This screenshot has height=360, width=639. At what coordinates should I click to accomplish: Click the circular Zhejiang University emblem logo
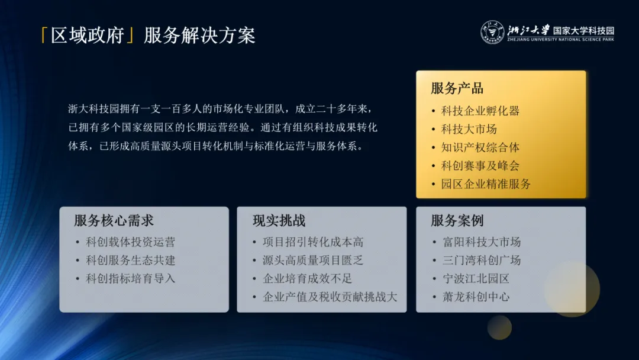coord(492,33)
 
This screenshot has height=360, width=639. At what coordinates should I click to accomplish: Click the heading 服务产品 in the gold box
coord(457,88)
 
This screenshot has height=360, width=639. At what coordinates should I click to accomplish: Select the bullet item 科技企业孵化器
coord(480,111)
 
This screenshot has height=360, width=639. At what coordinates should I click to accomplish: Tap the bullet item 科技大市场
coord(469,129)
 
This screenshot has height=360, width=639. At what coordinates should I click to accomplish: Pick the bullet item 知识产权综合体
coord(480,147)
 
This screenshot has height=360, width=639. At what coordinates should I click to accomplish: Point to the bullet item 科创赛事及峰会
coord(480,166)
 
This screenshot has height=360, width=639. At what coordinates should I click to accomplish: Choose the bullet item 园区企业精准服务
coord(486,184)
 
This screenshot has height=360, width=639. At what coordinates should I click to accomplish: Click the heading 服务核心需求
coord(114,221)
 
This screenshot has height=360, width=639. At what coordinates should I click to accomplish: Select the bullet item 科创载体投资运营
coord(131,242)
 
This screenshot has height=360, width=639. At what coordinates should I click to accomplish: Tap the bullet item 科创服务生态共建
coord(131,261)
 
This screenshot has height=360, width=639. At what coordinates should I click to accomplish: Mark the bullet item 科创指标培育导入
coord(131,279)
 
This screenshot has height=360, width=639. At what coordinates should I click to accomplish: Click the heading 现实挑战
coord(279,221)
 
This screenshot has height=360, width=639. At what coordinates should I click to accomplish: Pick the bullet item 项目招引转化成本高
coord(313,242)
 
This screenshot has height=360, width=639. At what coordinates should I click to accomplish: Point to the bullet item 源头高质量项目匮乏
coord(313,261)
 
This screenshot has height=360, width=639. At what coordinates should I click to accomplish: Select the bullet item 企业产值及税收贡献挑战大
coord(330,297)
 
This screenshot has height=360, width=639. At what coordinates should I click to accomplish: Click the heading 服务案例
coord(457,221)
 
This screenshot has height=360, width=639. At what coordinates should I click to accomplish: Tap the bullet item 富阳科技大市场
coord(482,242)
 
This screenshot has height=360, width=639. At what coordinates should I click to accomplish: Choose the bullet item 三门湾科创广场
coord(482,261)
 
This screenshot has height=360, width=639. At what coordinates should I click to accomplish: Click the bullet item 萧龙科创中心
coord(476,297)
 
